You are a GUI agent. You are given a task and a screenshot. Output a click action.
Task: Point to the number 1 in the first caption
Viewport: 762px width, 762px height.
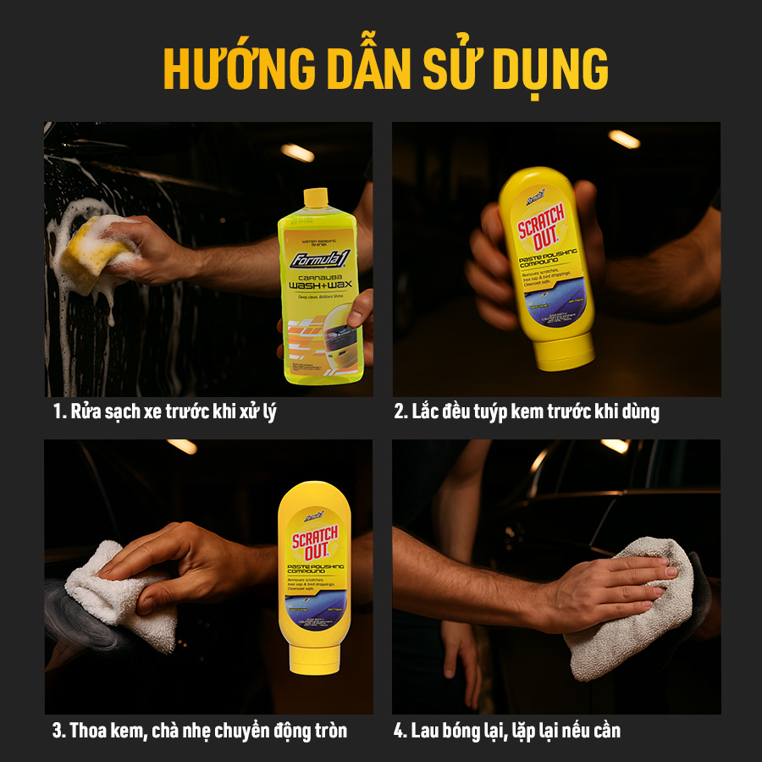click(57, 412)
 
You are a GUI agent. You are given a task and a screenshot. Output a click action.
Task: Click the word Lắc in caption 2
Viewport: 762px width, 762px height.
click(428, 412)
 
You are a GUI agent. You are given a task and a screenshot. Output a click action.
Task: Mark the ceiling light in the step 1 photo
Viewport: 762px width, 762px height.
click(297, 152)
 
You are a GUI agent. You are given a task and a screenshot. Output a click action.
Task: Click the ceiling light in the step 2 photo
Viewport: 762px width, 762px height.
click(624, 139)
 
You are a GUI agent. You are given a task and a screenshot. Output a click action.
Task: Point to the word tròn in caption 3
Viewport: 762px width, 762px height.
click(328, 731)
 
